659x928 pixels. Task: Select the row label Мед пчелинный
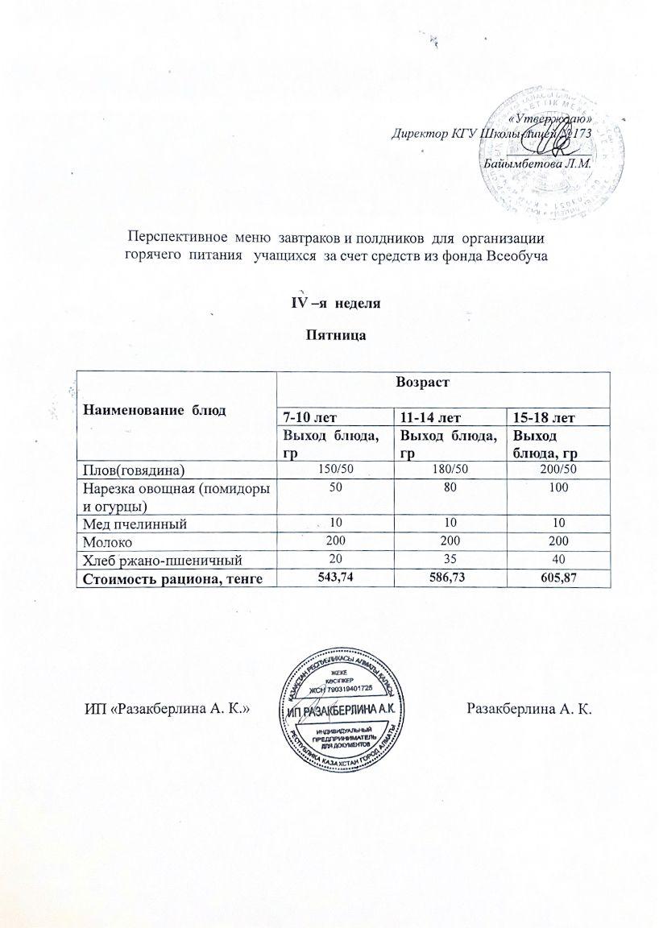coord(132,524)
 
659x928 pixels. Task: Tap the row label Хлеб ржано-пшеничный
coord(158,559)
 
